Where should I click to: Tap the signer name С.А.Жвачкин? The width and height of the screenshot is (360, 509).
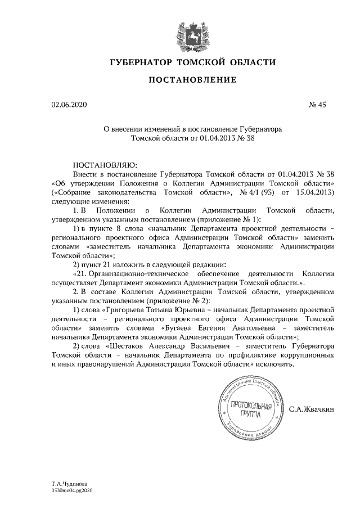pos(312,409)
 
